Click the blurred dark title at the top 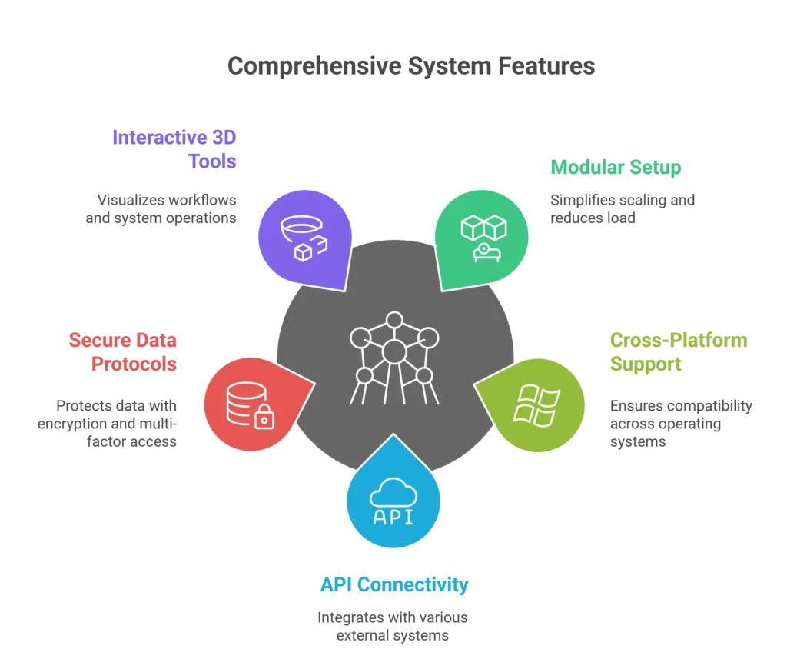[411, 68]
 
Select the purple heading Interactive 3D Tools [175, 149]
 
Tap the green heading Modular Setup [614, 166]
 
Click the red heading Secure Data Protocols [123, 351]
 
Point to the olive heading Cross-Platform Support [678, 351]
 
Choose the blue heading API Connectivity [394, 584]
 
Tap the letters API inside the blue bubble [393, 515]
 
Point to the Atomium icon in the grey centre [394, 355]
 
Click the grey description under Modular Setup [620, 210]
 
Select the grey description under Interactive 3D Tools [159, 210]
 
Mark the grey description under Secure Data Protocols [108, 423]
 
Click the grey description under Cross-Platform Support [682, 423]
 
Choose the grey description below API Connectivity [393, 627]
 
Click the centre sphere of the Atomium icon [394, 351]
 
